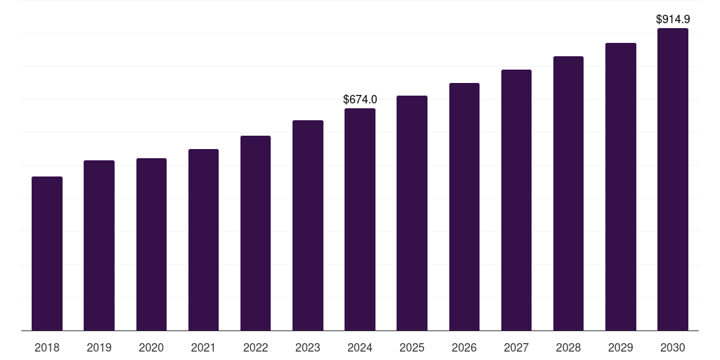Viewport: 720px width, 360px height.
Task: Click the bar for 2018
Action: [47, 253]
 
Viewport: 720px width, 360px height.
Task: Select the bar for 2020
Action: [151, 244]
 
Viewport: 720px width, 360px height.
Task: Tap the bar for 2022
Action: [255, 233]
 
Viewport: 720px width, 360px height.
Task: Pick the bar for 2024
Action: [360, 219]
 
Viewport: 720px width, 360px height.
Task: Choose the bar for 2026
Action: [464, 207]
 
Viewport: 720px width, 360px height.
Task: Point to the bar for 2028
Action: [568, 193]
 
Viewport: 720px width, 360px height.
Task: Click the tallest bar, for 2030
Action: [673, 179]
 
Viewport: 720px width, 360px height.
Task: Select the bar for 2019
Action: [99, 245]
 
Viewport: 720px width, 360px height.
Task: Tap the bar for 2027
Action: [516, 200]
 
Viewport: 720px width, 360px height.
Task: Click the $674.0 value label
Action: [360, 100]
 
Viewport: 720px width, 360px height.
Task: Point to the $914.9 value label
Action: [673, 20]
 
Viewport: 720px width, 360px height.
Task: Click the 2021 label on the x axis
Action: [203, 347]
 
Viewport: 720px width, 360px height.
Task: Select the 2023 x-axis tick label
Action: [308, 347]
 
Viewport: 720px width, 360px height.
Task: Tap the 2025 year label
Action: [412, 347]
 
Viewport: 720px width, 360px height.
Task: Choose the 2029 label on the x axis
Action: [621, 347]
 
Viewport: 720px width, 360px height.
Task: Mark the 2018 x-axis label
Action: [47, 347]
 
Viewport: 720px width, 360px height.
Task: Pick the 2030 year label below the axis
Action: [673, 347]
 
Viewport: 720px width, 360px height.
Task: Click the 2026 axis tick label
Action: [464, 347]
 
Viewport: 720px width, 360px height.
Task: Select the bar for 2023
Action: [308, 225]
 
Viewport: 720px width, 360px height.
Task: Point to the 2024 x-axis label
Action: [360, 347]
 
